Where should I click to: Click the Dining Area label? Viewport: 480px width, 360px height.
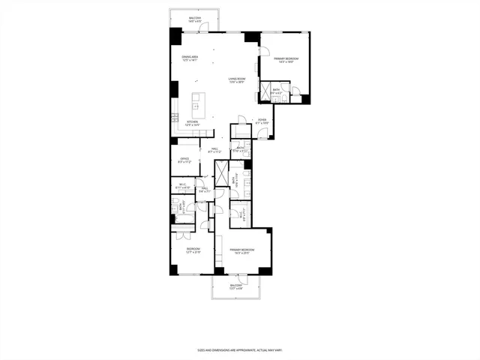click(189, 59)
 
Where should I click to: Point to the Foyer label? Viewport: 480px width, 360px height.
click(262, 121)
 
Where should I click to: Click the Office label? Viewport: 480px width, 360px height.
click(184, 160)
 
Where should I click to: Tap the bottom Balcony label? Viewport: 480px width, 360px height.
click(236, 286)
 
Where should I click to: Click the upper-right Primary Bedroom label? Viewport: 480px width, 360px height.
click(286, 60)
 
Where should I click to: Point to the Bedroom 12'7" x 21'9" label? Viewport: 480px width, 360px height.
click(193, 250)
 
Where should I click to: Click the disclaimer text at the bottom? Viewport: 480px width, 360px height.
click(240, 349)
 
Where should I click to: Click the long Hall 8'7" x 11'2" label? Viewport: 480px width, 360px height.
click(215, 151)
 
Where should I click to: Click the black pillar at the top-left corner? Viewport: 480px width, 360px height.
click(175, 35)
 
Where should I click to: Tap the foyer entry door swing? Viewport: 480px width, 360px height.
click(262, 133)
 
